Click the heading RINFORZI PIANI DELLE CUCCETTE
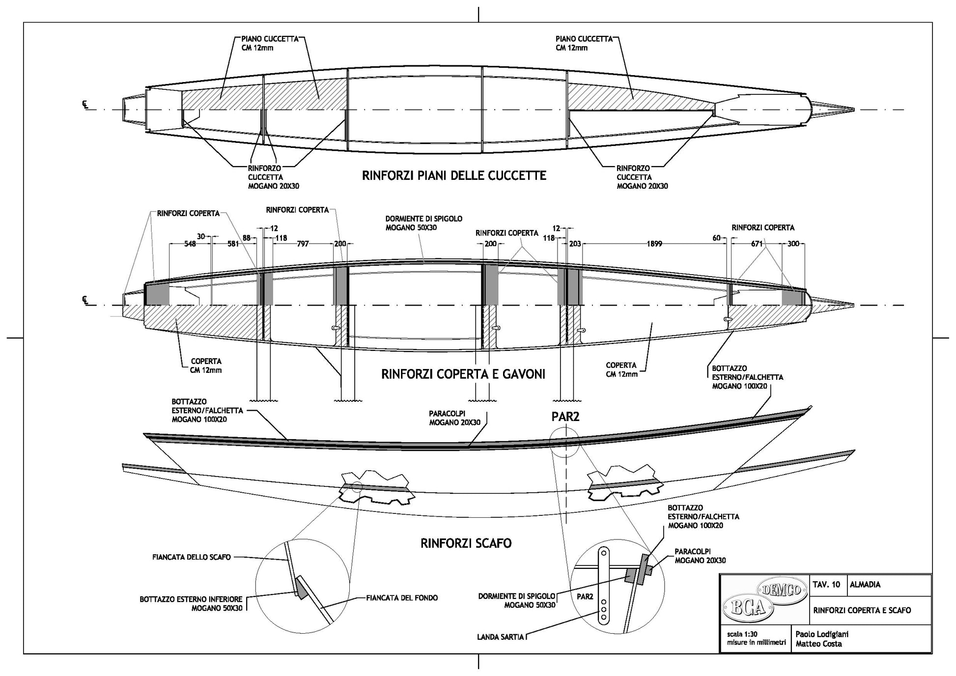tap(454, 176)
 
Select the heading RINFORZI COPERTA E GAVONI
tap(463, 374)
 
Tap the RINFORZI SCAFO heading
tap(466, 543)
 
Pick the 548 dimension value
tap(190, 244)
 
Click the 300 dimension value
tap(793, 244)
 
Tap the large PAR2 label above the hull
tap(565, 417)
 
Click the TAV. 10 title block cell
tap(826, 585)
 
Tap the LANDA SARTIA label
tap(501, 638)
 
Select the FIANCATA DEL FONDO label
tap(402, 598)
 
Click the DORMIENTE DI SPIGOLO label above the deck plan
tap(423, 219)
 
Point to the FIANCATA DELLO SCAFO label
tap(192, 557)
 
